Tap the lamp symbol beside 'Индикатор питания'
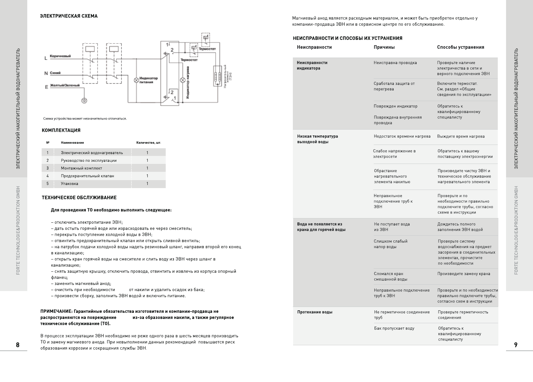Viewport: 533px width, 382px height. click(137, 80)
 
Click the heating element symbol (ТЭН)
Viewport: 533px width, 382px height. click(217, 76)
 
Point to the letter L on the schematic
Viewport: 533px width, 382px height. click(46, 58)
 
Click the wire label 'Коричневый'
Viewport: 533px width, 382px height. click(60, 56)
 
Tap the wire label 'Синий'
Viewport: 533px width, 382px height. click(55, 73)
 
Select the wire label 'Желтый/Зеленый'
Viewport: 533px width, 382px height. click(65, 85)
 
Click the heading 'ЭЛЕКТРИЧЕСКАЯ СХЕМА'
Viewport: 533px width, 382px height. click(69, 16)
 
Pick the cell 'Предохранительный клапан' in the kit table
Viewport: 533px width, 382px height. click(87, 176)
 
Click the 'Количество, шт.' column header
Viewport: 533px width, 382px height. click(149, 143)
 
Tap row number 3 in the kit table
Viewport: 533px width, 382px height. click(47, 168)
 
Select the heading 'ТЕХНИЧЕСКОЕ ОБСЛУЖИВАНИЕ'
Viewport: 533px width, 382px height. click(79, 198)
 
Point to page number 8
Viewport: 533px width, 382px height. click(18, 345)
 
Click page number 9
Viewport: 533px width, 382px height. click(516, 345)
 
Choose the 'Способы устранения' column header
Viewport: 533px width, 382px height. click(460, 47)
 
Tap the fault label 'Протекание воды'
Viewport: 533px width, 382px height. click(315, 312)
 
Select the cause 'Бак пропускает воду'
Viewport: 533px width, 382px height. click(394, 328)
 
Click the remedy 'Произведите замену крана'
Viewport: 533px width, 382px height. click(463, 274)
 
